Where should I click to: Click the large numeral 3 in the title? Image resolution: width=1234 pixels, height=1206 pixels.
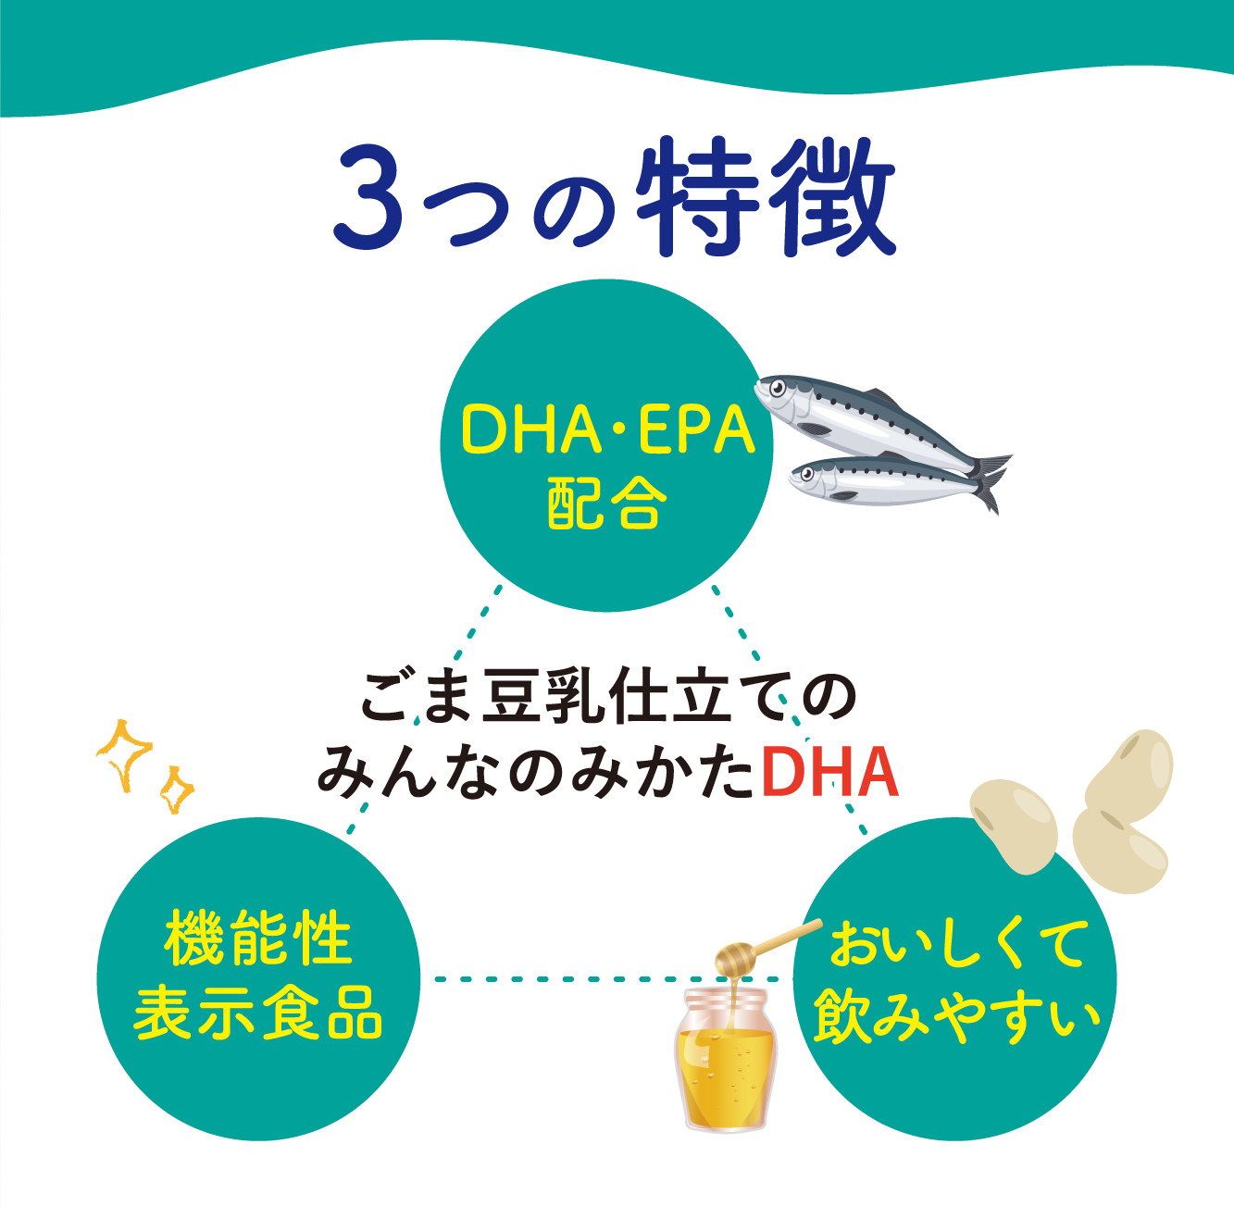point(368,198)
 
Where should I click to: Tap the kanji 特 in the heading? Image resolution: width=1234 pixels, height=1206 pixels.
point(693,196)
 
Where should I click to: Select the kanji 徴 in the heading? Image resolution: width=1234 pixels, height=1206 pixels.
point(836,196)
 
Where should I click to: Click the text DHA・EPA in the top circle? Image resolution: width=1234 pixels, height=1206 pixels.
point(607,431)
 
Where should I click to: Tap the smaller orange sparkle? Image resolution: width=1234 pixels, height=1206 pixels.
point(175,789)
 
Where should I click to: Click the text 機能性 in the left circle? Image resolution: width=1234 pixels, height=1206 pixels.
point(258,939)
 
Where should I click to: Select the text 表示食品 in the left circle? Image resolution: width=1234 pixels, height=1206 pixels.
point(258,1013)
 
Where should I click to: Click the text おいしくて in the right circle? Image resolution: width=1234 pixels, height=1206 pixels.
point(957,944)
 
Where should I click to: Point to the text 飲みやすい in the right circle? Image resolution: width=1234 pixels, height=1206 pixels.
point(957,1016)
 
